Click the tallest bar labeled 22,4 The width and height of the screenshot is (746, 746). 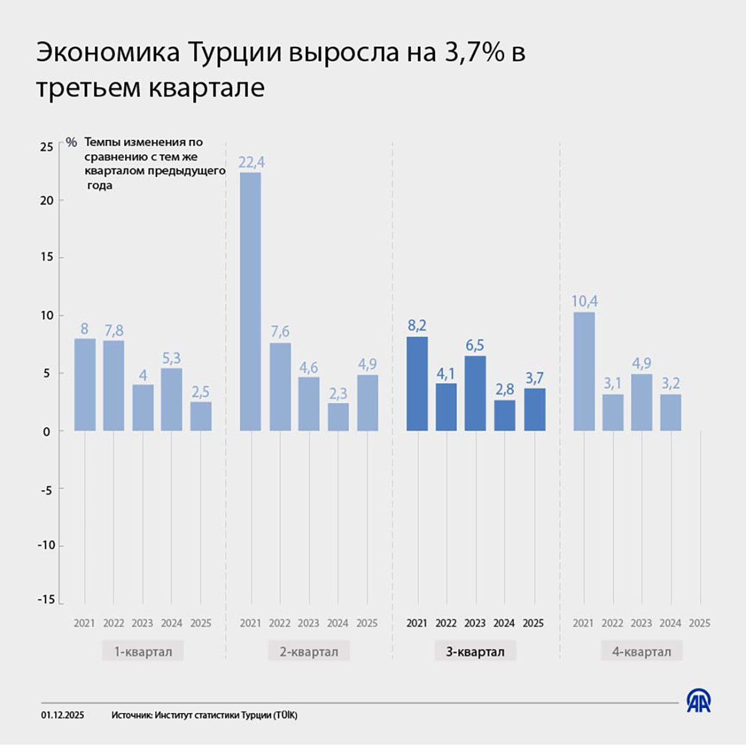[x=251, y=302]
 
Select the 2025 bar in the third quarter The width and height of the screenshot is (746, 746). [x=535, y=410]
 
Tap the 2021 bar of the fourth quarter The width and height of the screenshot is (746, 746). [x=584, y=371]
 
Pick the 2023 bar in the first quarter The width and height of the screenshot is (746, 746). [x=143, y=407]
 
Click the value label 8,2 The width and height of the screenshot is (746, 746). [x=417, y=326]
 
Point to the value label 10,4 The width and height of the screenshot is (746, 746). [x=584, y=302]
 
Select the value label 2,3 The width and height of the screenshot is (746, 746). [x=338, y=394]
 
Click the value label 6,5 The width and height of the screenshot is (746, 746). [x=475, y=345]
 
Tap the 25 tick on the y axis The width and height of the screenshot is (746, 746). [x=47, y=147]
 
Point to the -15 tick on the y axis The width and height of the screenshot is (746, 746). [x=46, y=600]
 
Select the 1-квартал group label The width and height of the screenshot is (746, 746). [x=143, y=652]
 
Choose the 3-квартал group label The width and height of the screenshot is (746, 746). [x=475, y=652]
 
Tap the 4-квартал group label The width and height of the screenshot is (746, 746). [x=642, y=652]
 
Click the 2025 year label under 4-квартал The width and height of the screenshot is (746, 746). [x=699, y=623]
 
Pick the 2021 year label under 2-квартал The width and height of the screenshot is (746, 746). [x=251, y=623]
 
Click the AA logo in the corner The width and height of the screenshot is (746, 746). [x=699, y=701]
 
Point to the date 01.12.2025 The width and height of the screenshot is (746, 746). [x=63, y=716]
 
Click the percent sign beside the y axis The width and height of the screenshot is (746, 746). [x=71, y=142]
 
